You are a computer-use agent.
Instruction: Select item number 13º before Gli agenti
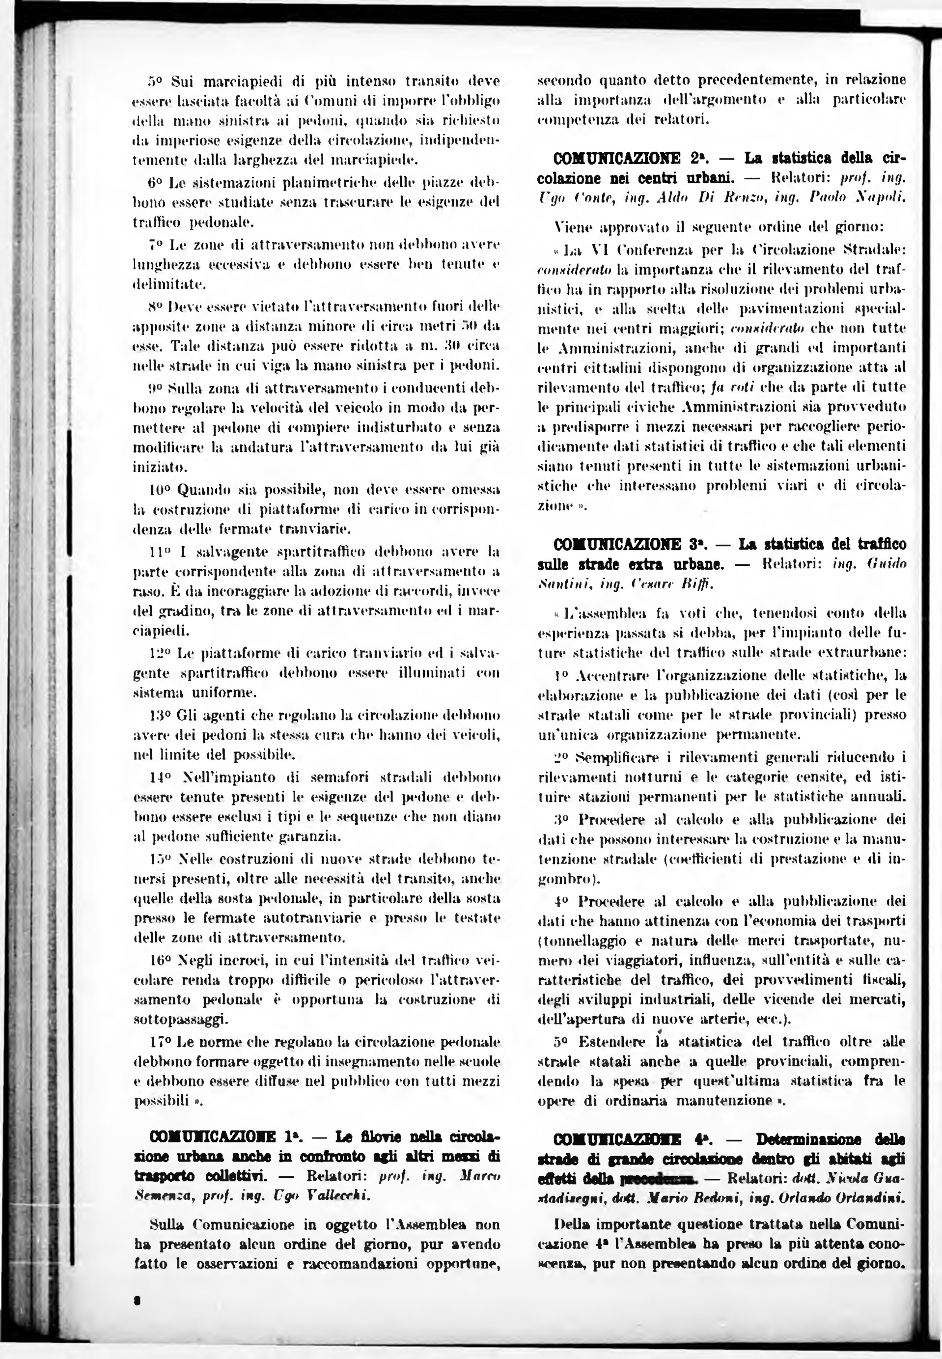(x=161, y=715)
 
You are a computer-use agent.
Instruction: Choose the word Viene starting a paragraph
(x=574, y=226)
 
